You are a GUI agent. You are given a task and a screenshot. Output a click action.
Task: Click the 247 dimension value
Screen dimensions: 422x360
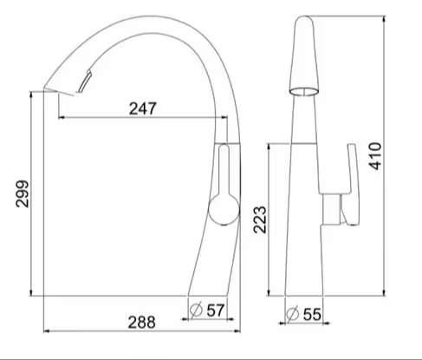(143, 108)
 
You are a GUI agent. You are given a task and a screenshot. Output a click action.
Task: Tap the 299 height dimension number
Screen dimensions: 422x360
(23, 193)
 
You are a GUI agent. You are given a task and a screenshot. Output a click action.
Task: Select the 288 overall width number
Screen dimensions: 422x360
(141, 322)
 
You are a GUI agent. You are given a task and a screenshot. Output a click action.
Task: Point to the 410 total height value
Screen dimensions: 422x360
(375, 156)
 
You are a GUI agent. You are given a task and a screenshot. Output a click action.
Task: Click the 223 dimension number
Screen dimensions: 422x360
(260, 219)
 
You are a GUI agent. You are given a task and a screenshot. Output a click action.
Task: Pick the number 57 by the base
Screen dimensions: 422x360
(216, 311)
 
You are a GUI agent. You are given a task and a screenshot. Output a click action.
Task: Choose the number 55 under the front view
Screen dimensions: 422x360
(312, 314)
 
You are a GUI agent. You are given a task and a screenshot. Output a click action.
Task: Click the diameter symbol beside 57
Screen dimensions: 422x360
(196, 310)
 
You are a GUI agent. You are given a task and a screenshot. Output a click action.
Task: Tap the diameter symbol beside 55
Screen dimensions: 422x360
(292, 313)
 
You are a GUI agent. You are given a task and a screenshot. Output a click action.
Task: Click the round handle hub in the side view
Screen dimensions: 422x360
(224, 209)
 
